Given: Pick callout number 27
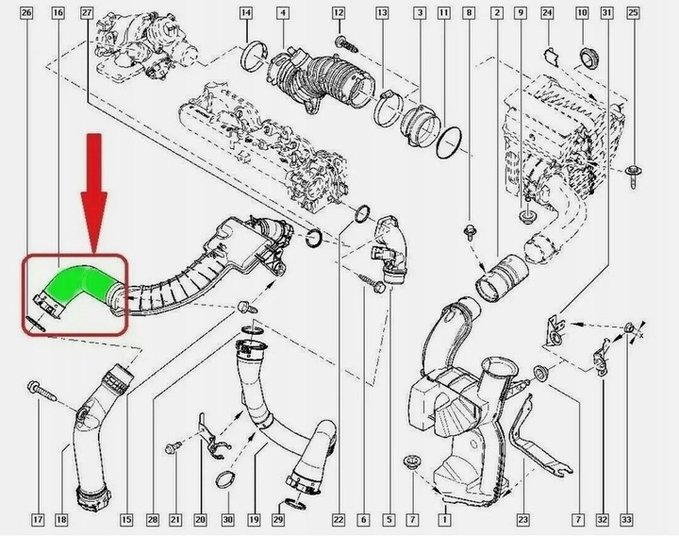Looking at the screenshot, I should tap(87, 13).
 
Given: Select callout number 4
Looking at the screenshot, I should tap(282, 13).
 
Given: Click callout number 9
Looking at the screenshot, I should tap(519, 13).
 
